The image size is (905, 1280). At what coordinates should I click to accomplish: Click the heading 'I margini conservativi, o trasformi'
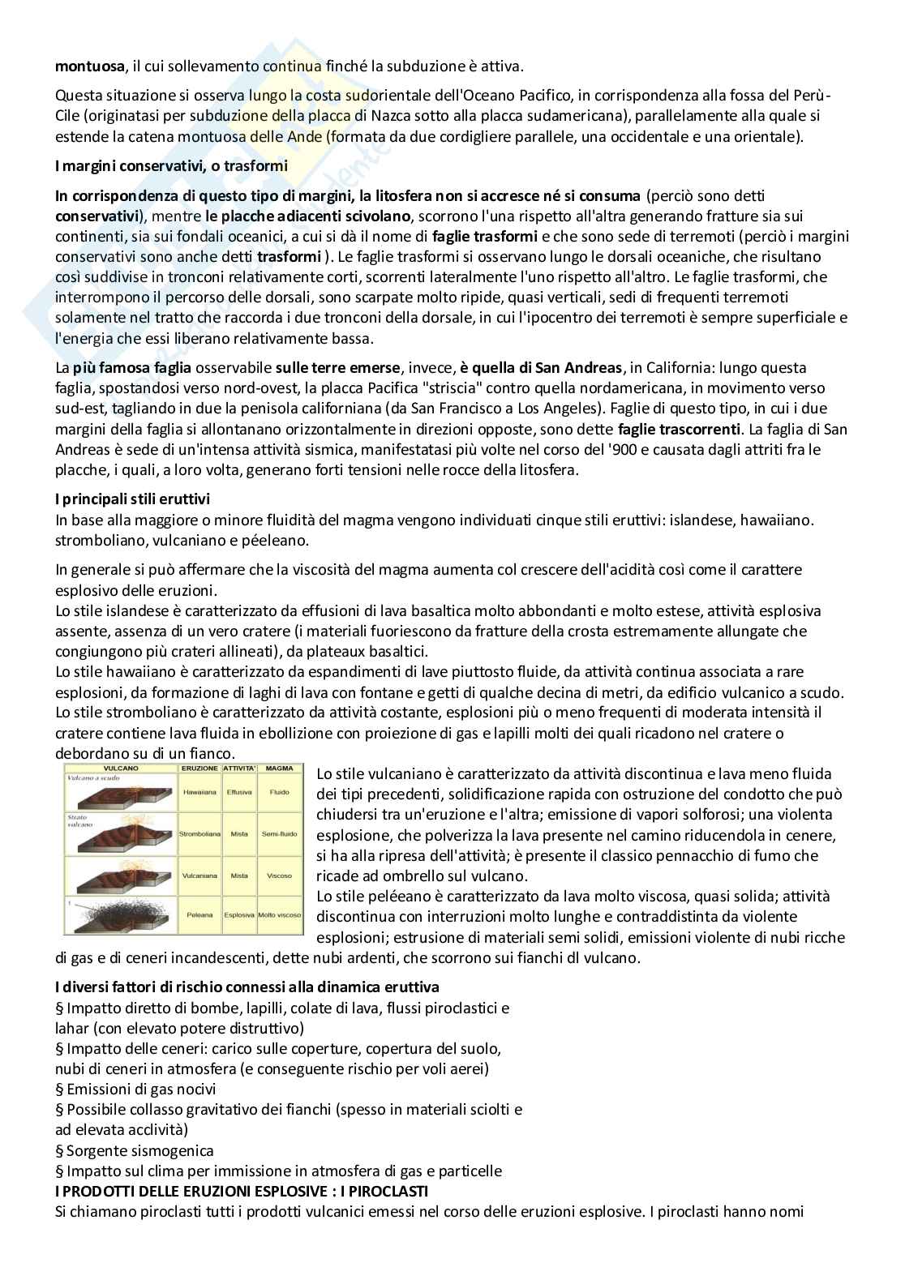point(171,166)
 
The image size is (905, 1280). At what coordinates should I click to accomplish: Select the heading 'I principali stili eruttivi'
point(133,499)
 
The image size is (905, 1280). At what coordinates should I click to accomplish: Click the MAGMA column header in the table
point(280,767)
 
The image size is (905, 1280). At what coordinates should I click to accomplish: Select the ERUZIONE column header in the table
point(199,767)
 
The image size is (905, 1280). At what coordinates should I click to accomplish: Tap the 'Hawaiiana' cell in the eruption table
point(199,791)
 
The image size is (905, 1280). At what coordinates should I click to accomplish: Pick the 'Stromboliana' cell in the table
point(199,833)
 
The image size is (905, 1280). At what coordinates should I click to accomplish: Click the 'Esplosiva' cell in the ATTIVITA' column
point(239,914)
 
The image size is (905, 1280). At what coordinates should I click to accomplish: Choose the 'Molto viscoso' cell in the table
point(280,914)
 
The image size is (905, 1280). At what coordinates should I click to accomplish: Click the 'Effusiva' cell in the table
point(239,791)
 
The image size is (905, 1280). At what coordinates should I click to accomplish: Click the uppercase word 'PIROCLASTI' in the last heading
point(385,1191)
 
